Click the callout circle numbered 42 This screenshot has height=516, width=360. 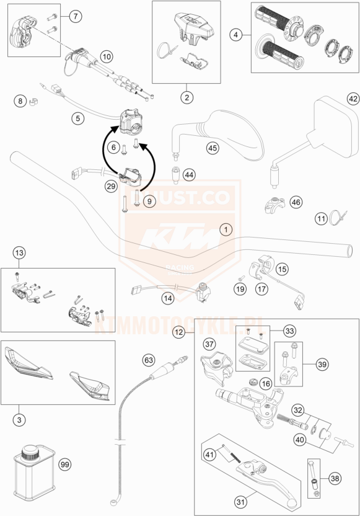click(353, 99)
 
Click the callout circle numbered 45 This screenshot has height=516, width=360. click(213, 148)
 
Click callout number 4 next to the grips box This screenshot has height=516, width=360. click(235, 35)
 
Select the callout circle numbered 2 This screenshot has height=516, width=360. click(185, 96)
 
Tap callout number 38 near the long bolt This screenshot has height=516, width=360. click(335, 478)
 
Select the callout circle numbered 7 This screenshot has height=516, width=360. click(74, 17)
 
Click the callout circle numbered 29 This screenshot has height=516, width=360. click(111, 185)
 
